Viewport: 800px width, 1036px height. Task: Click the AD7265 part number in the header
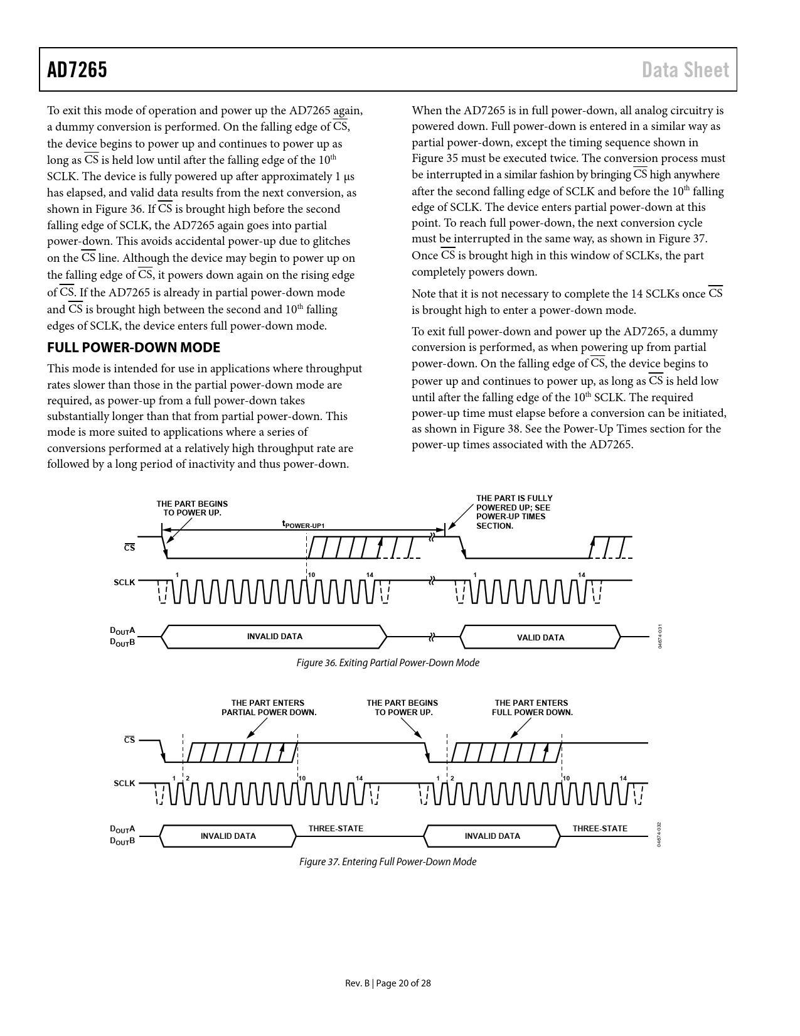(x=77, y=70)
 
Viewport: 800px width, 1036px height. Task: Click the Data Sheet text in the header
(x=685, y=70)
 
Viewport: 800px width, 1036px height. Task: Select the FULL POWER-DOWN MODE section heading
(x=134, y=347)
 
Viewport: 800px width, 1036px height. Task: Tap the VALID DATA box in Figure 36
(x=540, y=637)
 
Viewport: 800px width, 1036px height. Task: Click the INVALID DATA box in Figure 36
(x=274, y=636)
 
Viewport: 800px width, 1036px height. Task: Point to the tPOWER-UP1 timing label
(x=303, y=524)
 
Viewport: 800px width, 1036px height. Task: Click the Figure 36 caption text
(x=388, y=662)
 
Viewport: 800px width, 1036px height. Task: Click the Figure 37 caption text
(x=388, y=861)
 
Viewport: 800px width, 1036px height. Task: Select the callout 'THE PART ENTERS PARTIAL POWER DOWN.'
(x=269, y=708)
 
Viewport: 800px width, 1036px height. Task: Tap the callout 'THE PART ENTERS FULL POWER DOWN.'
(x=532, y=708)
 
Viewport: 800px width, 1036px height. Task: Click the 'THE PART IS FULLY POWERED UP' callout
(x=514, y=512)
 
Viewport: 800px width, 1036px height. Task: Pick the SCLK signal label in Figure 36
(x=124, y=582)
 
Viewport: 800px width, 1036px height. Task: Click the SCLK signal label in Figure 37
(x=124, y=783)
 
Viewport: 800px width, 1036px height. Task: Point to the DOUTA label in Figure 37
(x=123, y=829)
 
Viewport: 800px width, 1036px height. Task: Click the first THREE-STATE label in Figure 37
(x=336, y=828)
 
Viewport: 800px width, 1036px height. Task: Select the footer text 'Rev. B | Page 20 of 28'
(x=388, y=983)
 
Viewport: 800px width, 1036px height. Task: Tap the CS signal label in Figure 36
(x=129, y=548)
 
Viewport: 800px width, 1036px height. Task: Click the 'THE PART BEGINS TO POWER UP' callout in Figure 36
(x=192, y=508)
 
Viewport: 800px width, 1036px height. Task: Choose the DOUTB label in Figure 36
(x=123, y=642)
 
